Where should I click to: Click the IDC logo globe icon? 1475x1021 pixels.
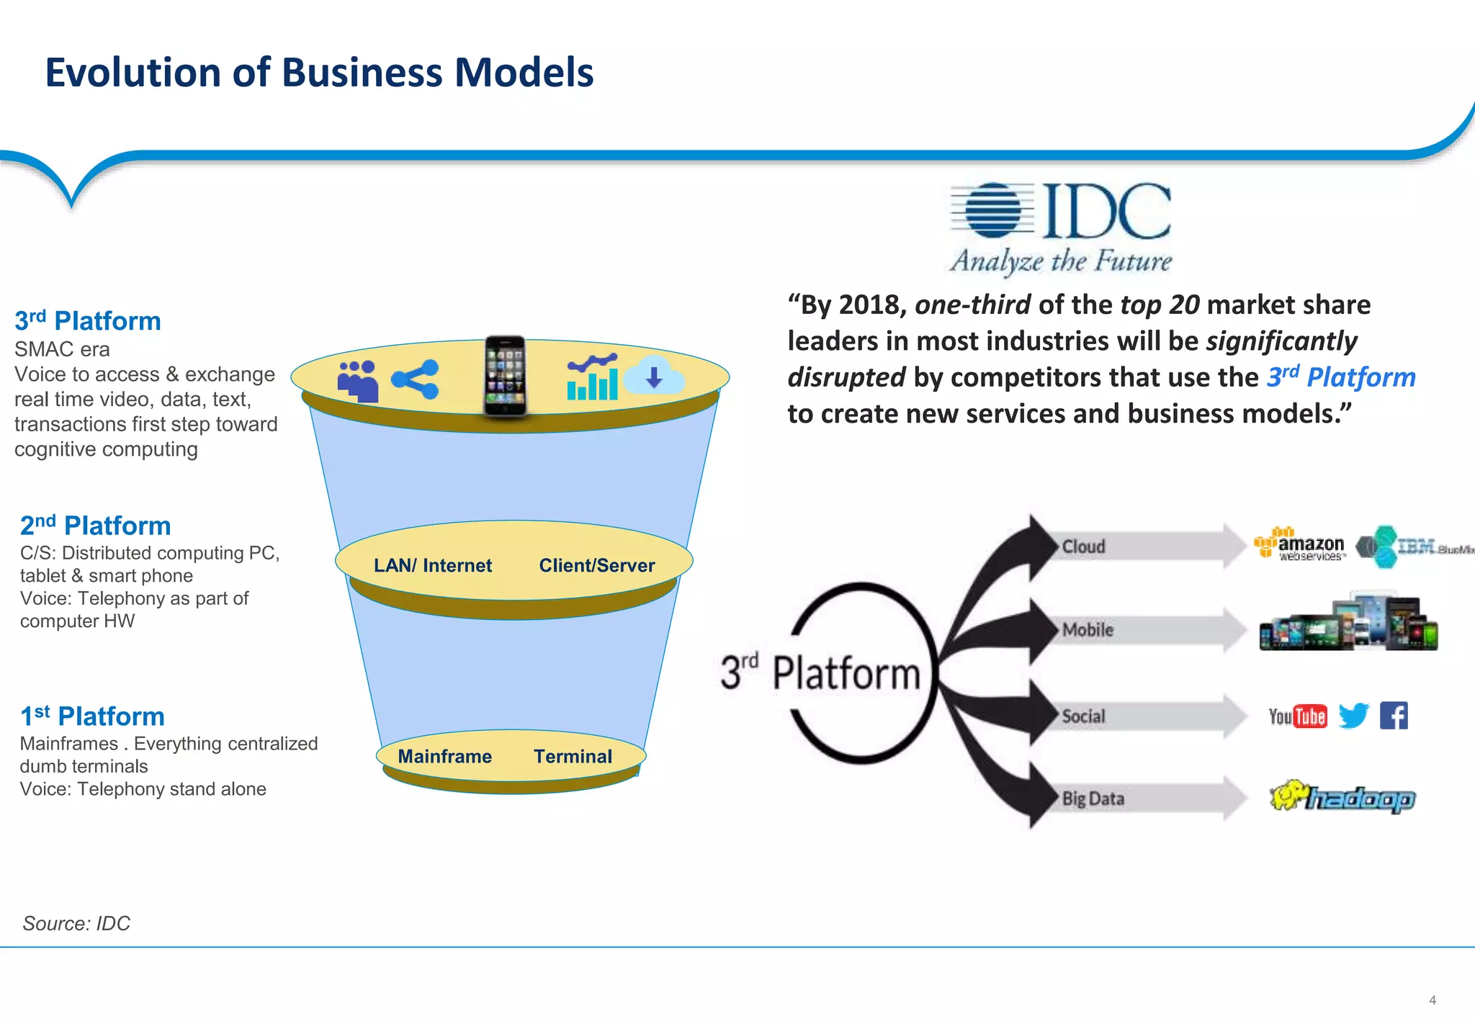click(x=993, y=210)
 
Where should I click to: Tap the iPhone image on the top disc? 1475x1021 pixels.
click(x=505, y=376)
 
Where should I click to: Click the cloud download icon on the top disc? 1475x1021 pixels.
click(x=654, y=376)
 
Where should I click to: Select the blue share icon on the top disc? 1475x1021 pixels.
click(x=416, y=379)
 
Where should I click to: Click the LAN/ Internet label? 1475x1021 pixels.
click(x=432, y=566)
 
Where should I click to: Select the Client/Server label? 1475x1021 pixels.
click(x=596, y=566)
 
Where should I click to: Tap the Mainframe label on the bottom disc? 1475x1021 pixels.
click(x=444, y=757)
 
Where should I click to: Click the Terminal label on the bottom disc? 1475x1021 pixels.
click(x=573, y=757)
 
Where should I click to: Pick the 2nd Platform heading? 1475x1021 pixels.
click(x=95, y=526)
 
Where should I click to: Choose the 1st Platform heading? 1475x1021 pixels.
click(x=92, y=716)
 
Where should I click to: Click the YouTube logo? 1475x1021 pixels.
click(x=1297, y=716)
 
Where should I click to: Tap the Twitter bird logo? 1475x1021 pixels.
click(x=1353, y=716)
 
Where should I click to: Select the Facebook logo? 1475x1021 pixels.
click(x=1394, y=716)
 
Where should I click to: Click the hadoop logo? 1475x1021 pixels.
click(x=1343, y=797)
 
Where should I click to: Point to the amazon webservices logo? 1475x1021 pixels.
click(x=1300, y=545)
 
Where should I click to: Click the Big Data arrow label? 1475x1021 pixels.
click(x=1093, y=799)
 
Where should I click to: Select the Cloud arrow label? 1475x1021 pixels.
click(x=1083, y=547)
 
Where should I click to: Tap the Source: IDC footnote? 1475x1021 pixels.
click(x=76, y=924)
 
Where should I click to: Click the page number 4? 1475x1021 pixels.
click(x=1433, y=1000)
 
